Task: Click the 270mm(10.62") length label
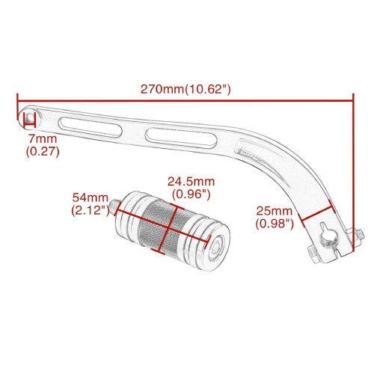pos(186,89)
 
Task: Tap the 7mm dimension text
pos(43,138)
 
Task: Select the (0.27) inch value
pos(43,151)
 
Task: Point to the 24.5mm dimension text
pos(191,182)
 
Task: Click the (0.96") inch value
pos(191,194)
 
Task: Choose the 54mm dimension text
pos(91,197)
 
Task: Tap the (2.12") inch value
pos(91,210)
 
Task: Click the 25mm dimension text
pos(275,211)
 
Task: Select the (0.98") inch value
pos(275,224)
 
